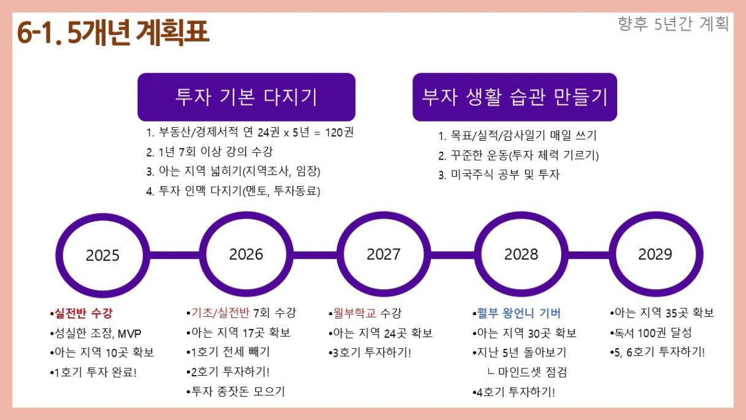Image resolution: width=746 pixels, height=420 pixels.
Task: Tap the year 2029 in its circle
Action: click(655, 254)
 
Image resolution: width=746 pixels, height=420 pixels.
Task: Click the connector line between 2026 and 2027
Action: click(315, 255)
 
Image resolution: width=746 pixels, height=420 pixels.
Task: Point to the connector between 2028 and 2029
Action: click(589, 255)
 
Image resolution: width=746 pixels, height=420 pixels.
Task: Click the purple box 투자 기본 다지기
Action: click(247, 97)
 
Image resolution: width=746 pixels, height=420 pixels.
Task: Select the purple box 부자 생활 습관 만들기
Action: click(515, 97)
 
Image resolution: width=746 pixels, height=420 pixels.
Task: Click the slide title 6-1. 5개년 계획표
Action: click(113, 33)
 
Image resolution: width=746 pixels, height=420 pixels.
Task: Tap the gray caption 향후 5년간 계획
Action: click(673, 24)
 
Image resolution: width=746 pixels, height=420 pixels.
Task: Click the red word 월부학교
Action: click(355, 313)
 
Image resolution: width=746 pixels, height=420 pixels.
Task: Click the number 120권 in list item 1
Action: click(339, 133)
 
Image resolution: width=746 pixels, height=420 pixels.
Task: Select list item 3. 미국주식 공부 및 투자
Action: click(499, 174)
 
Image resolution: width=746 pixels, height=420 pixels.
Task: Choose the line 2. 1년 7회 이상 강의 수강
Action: click(209, 152)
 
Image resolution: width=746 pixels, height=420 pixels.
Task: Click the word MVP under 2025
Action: click(129, 333)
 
